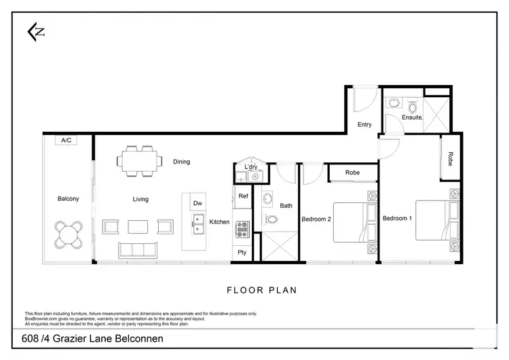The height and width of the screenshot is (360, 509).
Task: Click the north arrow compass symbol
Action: click(35, 31)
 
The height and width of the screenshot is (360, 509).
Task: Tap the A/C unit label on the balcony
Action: click(67, 140)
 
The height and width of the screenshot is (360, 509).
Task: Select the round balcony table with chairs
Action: click(69, 234)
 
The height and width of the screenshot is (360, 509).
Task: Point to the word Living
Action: click(140, 199)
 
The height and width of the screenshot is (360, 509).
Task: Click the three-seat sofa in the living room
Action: click(141, 250)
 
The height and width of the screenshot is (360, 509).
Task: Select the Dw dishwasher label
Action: click(197, 203)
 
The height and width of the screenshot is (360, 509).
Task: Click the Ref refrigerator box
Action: click(243, 196)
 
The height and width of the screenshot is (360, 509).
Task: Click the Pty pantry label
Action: click(242, 252)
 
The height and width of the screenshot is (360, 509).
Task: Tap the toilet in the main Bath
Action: click(271, 219)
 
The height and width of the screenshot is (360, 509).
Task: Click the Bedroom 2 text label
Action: click(316, 219)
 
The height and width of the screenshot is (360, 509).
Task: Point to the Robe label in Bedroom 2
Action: click(352, 173)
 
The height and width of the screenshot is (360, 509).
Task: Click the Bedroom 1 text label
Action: click(397, 218)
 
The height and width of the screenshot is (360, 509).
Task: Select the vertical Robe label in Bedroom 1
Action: click(450, 158)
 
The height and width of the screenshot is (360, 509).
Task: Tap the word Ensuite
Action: click(411, 118)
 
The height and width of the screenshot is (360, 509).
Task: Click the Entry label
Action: click(364, 124)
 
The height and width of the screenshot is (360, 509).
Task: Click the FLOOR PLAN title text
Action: click(261, 290)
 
